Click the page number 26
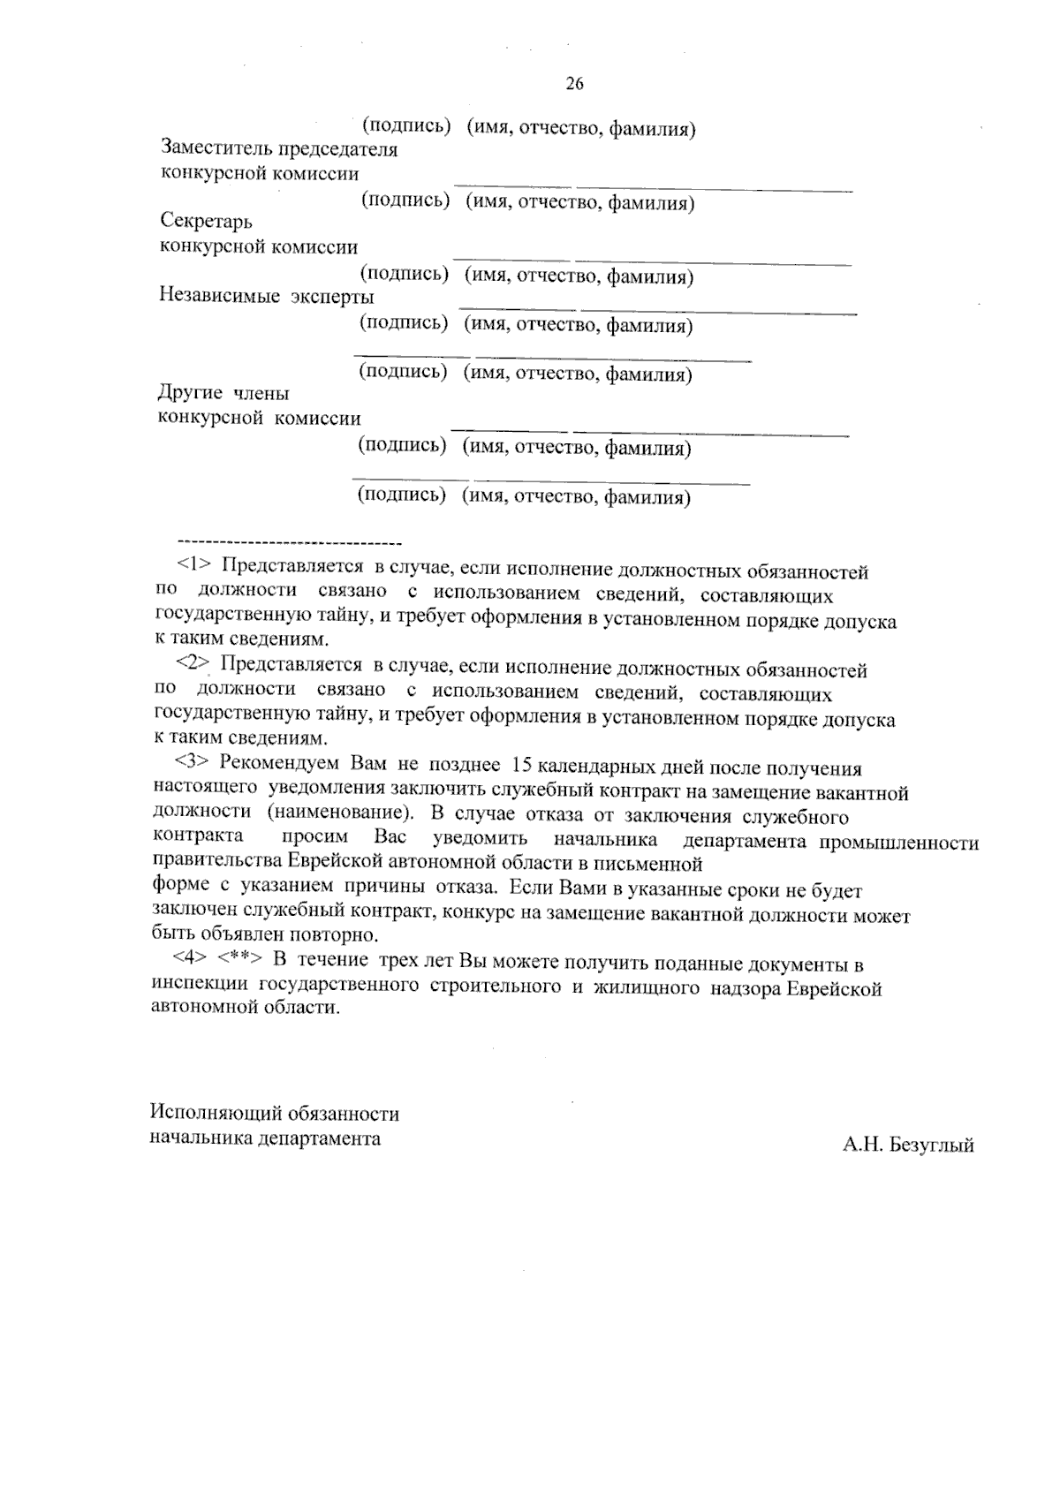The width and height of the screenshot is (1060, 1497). point(574,84)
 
